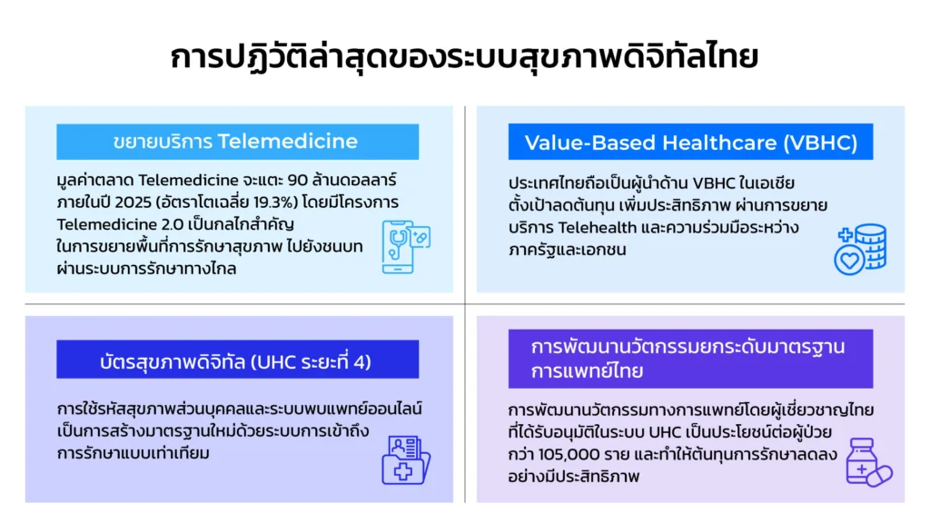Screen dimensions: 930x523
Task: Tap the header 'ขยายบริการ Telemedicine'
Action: [237, 142]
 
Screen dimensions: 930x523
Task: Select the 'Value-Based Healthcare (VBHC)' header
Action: [690, 142]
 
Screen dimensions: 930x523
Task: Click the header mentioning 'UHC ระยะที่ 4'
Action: [237, 360]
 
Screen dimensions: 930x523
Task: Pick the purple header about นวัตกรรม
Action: [690, 359]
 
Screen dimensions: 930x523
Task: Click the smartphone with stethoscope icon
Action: [406, 247]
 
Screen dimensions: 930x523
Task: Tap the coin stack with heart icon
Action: [861, 249]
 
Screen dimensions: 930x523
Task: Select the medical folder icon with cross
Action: [406, 460]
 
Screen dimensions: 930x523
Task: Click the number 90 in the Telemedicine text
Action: [297, 180]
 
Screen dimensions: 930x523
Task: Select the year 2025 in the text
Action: [134, 202]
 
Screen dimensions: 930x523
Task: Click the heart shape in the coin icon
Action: [849, 261]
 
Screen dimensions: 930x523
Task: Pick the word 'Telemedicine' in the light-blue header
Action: [288, 142]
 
